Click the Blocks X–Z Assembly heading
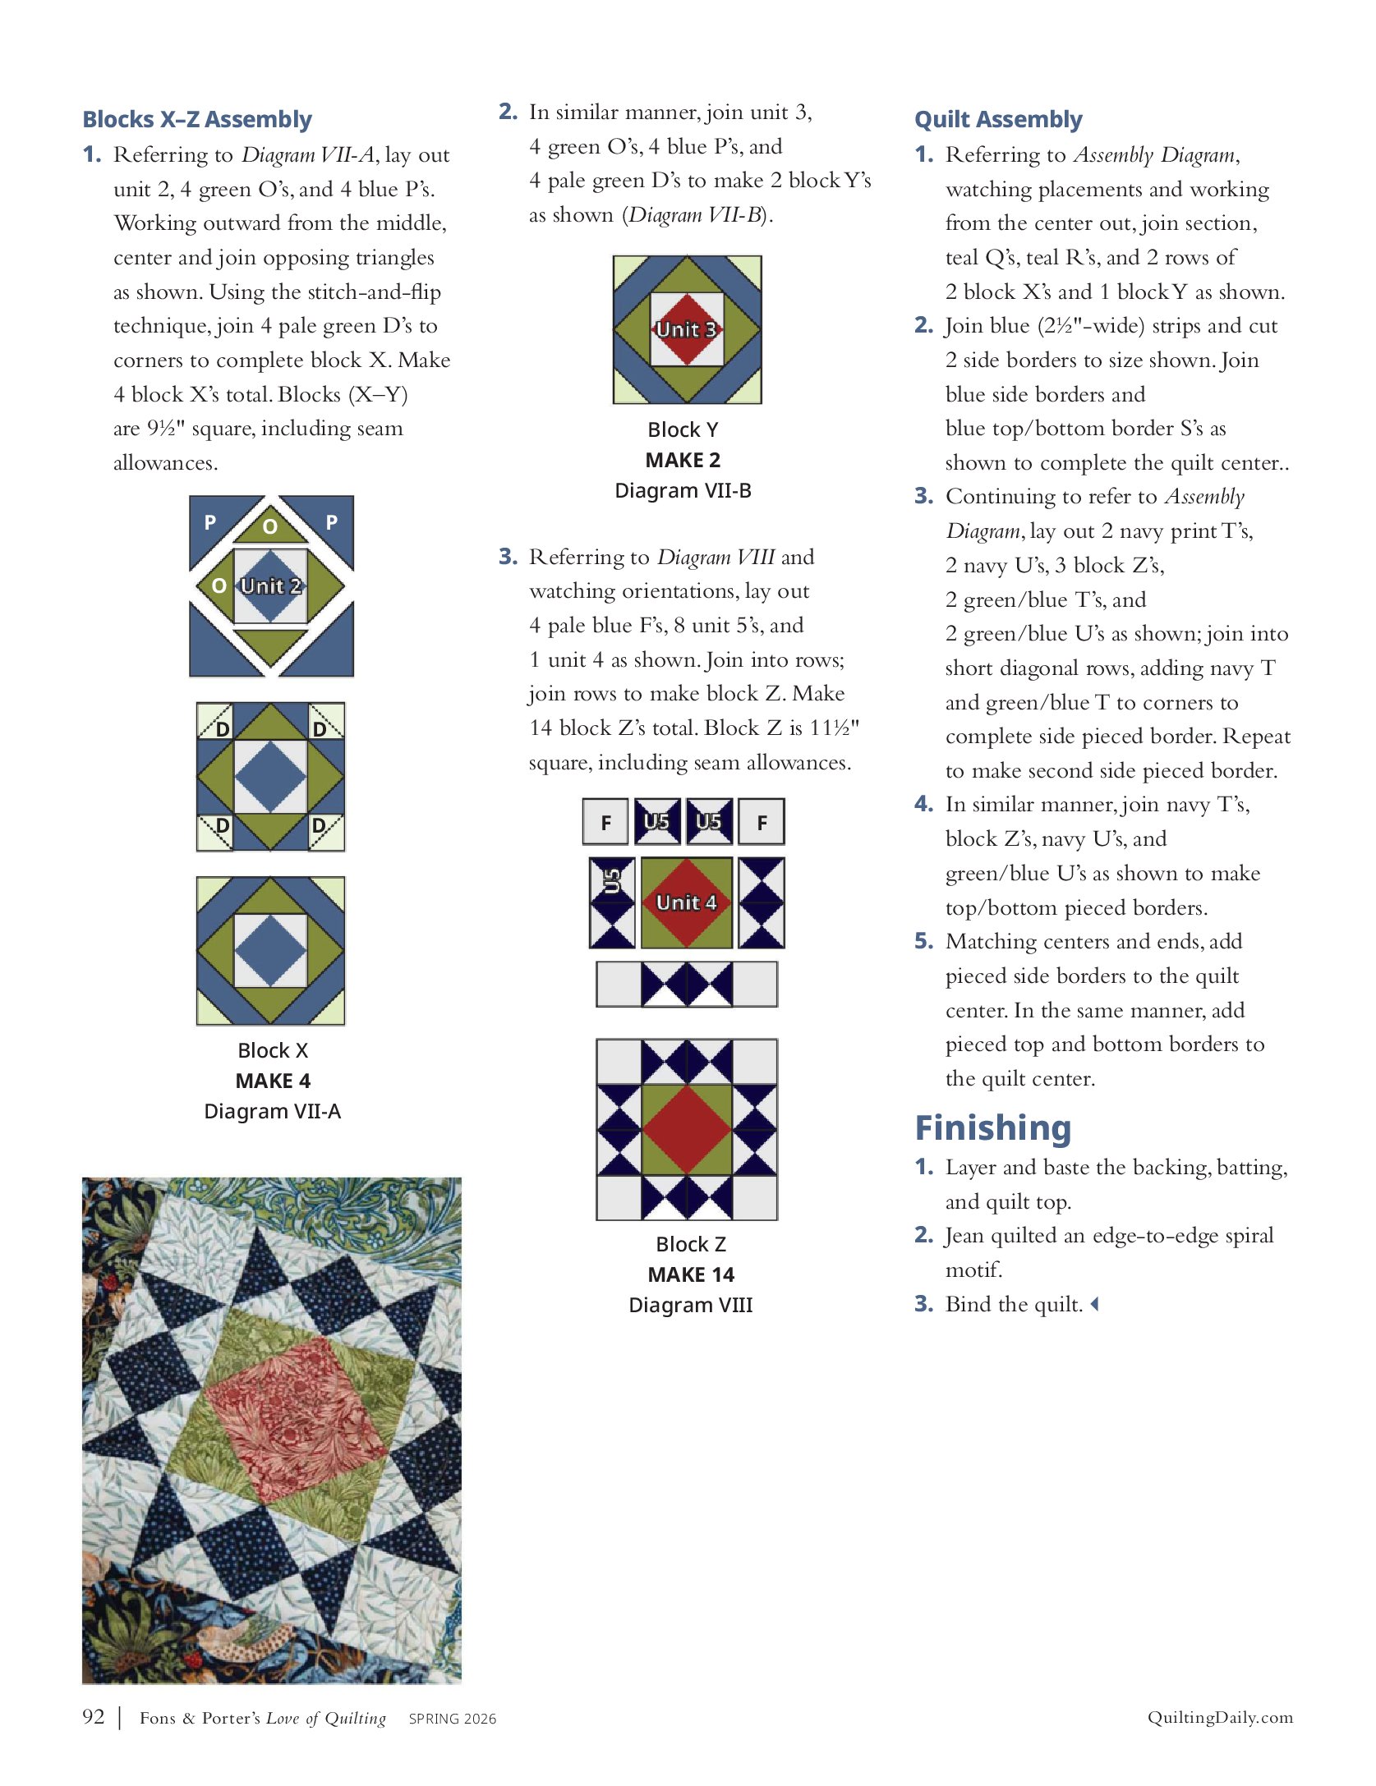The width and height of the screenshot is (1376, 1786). tap(197, 120)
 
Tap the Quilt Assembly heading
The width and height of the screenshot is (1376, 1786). tap(998, 120)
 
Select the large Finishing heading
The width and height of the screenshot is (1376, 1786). tap(993, 1128)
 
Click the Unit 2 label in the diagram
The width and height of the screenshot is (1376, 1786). tap(271, 586)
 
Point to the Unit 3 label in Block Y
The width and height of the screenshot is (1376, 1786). tap(687, 330)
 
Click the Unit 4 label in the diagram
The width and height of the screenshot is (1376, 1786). tap(687, 902)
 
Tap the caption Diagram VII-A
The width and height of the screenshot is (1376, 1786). tap(272, 1111)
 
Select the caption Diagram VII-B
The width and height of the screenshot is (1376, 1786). tap(683, 490)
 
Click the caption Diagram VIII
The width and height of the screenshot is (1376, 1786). tap(690, 1305)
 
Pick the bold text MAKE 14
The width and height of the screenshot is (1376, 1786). tap(690, 1274)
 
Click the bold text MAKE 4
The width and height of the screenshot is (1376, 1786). tap(273, 1081)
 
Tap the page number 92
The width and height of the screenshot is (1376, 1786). tap(94, 1716)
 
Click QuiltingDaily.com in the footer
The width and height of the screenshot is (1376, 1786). tap(1220, 1717)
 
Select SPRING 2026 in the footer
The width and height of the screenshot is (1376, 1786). tap(453, 1719)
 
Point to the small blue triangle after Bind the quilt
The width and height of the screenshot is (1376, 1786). tap(1094, 1304)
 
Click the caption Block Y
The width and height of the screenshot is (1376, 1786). tap(683, 429)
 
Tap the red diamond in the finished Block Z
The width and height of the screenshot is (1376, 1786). tap(687, 1130)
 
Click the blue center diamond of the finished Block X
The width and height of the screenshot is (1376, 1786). tap(271, 951)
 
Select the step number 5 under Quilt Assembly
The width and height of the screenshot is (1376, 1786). tap(923, 941)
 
